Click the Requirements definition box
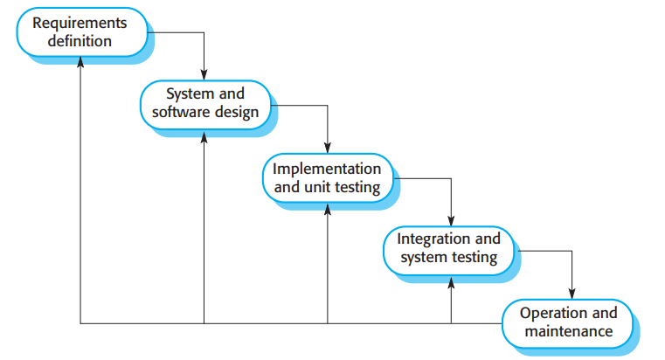(80, 31)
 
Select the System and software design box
(204, 102)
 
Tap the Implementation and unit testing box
(327, 177)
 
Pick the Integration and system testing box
(449, 248)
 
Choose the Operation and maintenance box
(568, 322)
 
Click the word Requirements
(80, 23)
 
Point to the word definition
(80, 41)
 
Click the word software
(177, 113)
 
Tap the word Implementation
(327, 168)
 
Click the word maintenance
(568, 332)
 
